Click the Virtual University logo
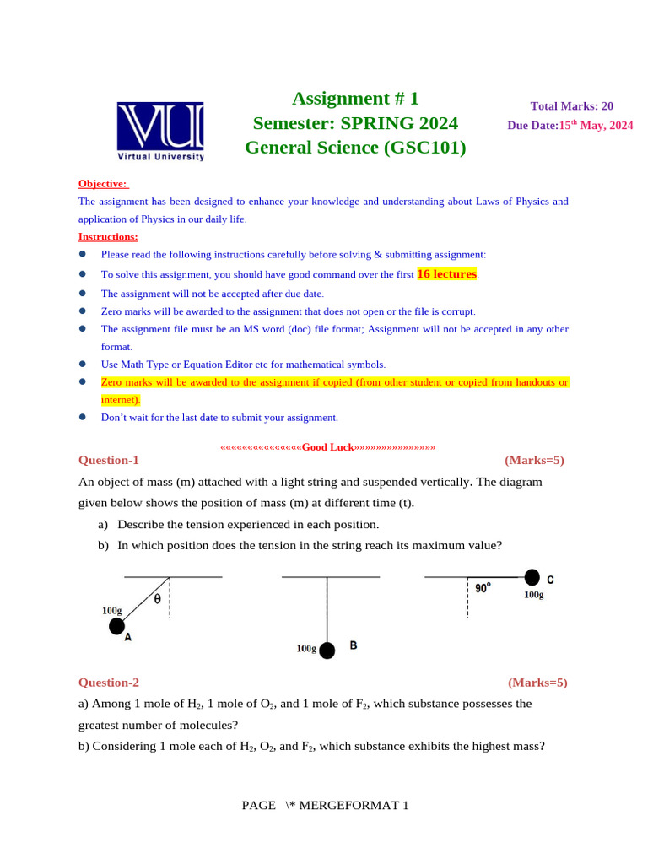click(x=160, y=131)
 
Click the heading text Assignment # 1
click(x=355, y=99)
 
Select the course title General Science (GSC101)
click(x=355, y=148)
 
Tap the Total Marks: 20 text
click(x=572, y=106)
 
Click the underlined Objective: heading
click(x=103, y=183)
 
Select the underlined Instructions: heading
click(x=108, y=236)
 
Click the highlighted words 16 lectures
click(x=447, y=274)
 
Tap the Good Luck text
click(x=327, y=446)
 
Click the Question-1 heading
click(x=108, y=460)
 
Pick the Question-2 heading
click(x=109, y=683)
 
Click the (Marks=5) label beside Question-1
click(x=534, y=460)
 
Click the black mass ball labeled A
click(x=116, y=626)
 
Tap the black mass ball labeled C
click(x=532, y=577)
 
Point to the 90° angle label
click(x=483, y=588)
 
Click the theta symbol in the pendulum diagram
click(x=157, y=599)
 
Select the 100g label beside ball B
click(x=306, y=649)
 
